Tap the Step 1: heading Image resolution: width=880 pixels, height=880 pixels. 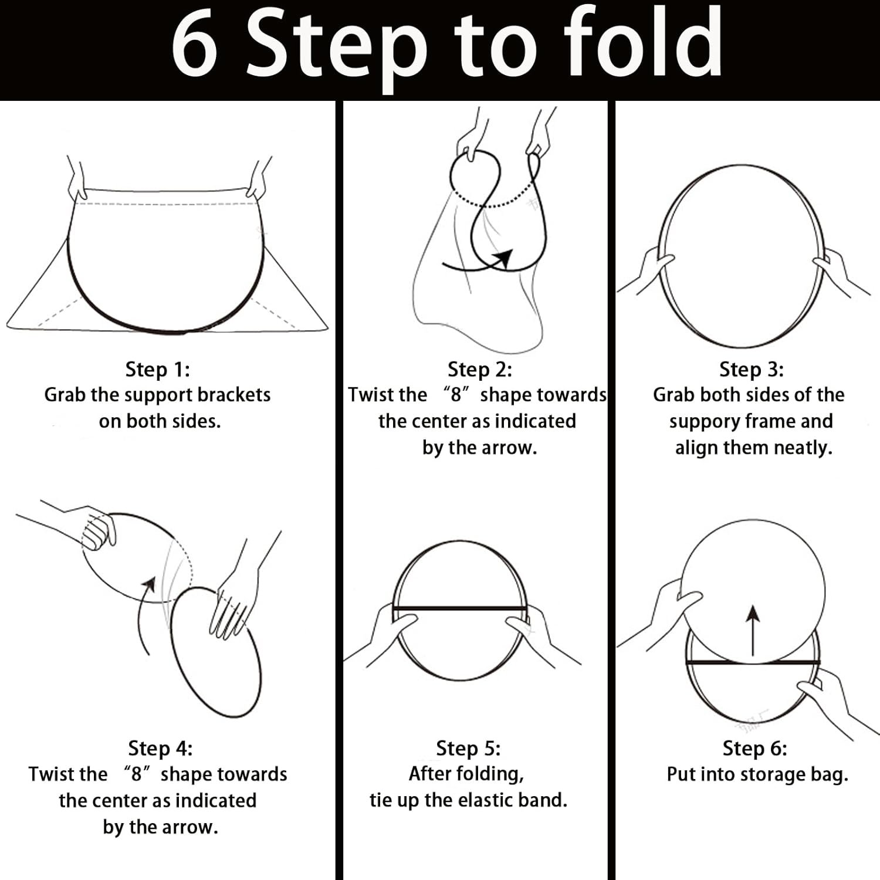[158, 370]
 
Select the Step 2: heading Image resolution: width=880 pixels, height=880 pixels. [480, 370]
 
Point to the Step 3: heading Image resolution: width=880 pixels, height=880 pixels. [752, 370]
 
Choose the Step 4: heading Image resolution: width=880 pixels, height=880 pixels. [160, 749]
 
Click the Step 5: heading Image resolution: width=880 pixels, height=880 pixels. [468, 749]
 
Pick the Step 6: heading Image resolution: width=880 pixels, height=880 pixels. [755, 749]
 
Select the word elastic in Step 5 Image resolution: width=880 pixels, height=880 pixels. [482, 801]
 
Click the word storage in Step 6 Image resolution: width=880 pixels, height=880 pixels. [773, 775]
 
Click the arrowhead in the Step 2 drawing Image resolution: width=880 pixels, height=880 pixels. [503, 258]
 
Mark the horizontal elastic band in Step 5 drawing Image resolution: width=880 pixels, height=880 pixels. [460, 608]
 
